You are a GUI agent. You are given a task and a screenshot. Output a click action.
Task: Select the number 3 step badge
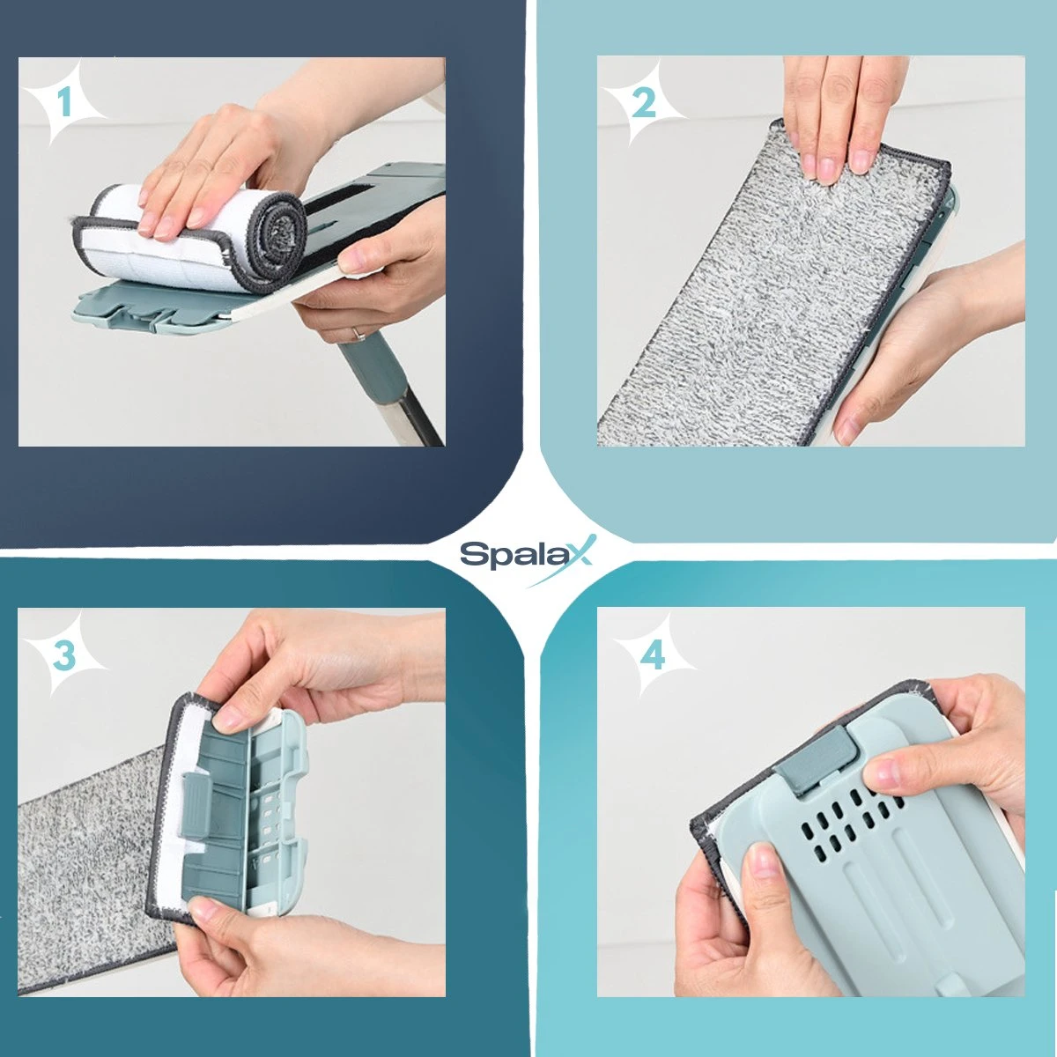[x=64, y=654]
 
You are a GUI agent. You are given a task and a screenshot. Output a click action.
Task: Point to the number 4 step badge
[x=653, y=654]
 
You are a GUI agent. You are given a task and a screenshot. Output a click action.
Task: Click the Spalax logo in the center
[x=527, y=556]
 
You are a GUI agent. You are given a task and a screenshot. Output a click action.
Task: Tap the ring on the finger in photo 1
[x=357, y=333]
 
